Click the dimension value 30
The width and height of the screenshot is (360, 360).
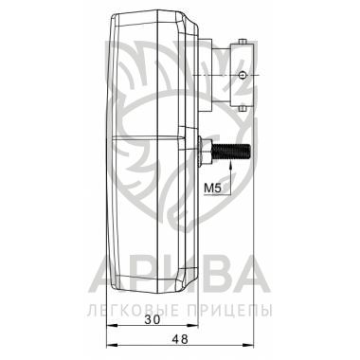[153, 319]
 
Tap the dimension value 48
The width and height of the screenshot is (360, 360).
[180, 339]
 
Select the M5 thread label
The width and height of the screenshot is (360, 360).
[212, 189]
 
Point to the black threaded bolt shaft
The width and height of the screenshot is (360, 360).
[231, 152]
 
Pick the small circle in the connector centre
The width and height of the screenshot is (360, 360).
[243, 75]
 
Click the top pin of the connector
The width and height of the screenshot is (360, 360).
[243, 42]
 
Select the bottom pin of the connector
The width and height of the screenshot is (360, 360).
[243, 109]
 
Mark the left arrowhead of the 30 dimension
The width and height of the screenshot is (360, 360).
[112, 325]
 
